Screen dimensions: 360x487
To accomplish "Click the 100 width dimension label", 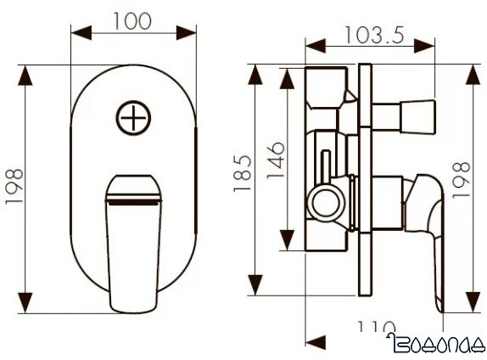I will [133, 20].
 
